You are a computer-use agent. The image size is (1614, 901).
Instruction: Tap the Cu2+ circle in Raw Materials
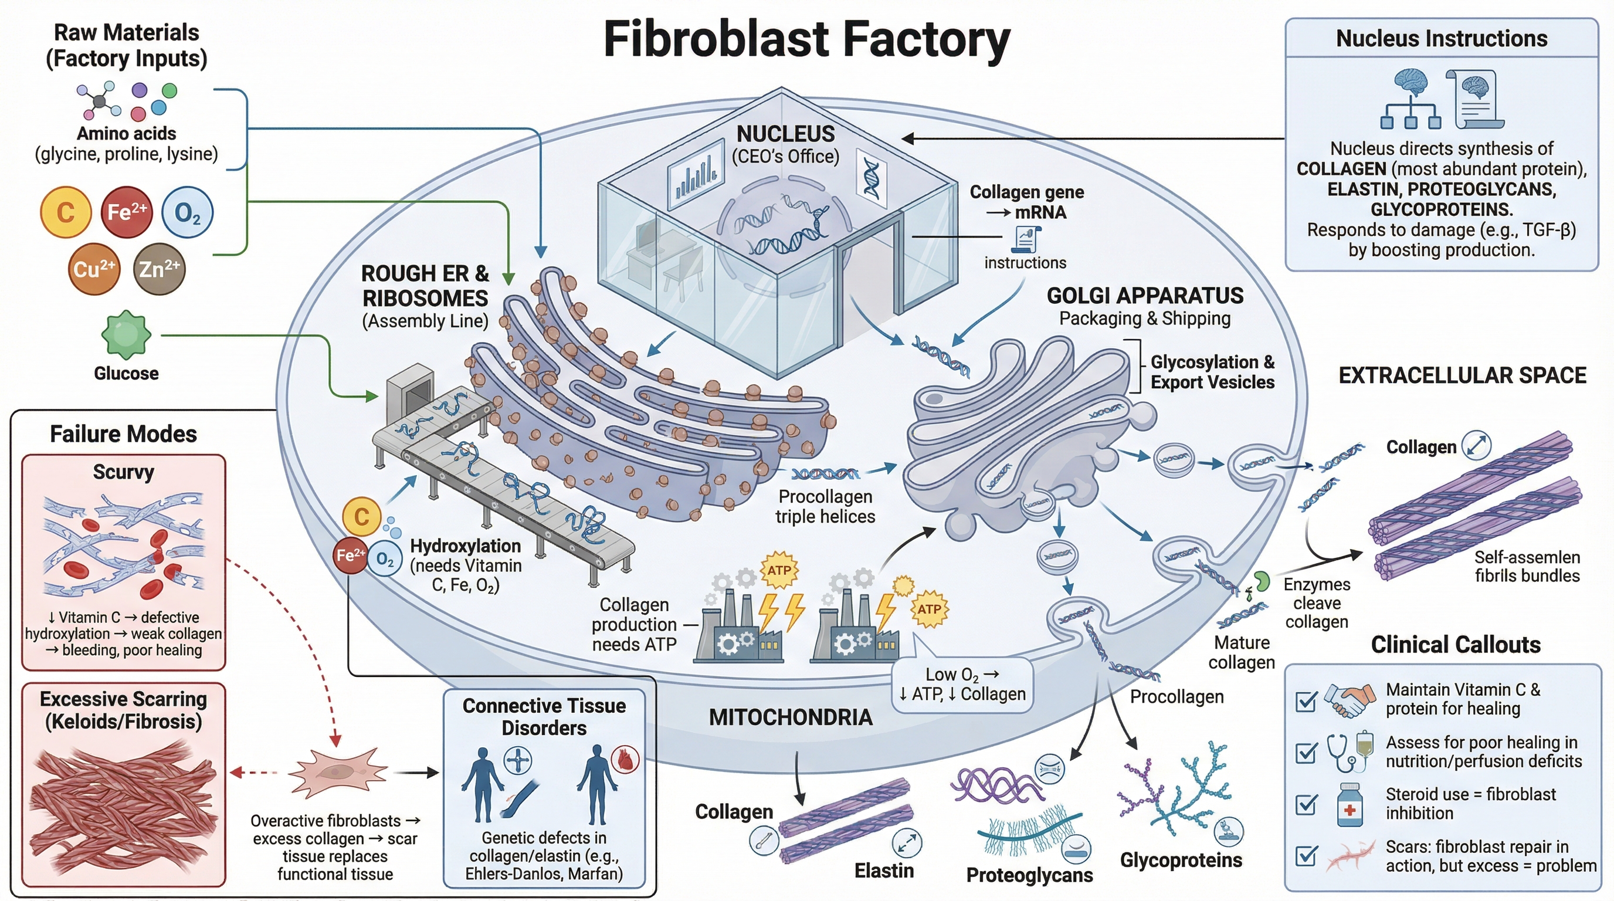[x=93, y=269]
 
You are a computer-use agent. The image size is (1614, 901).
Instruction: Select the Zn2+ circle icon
[x=159, y=269]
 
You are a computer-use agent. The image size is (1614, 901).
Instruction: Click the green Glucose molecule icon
[x=126, y=334]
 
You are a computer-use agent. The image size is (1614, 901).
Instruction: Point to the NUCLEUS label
[x=785, y=134]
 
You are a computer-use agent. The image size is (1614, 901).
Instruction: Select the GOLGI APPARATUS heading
[x=1145, y=296]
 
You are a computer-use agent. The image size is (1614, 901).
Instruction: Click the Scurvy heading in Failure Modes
[x=123, y=472]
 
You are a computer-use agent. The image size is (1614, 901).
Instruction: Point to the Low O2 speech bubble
[x=962, y=684]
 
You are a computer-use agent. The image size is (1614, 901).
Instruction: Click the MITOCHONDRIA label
[x=790, y=717]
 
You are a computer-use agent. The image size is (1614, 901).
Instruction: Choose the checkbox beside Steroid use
[x=1306, y=804]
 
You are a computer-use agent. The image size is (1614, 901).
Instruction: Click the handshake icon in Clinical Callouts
[x=1347, y=700]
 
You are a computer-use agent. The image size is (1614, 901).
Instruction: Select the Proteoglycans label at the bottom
[x=1029, y=875]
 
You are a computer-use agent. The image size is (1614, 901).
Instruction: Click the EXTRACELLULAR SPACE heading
[x=1462, y=375]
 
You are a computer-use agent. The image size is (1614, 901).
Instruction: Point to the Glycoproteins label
[x=1181, y=861]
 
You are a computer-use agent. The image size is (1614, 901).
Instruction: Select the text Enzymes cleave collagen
[x=1317, y=603]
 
